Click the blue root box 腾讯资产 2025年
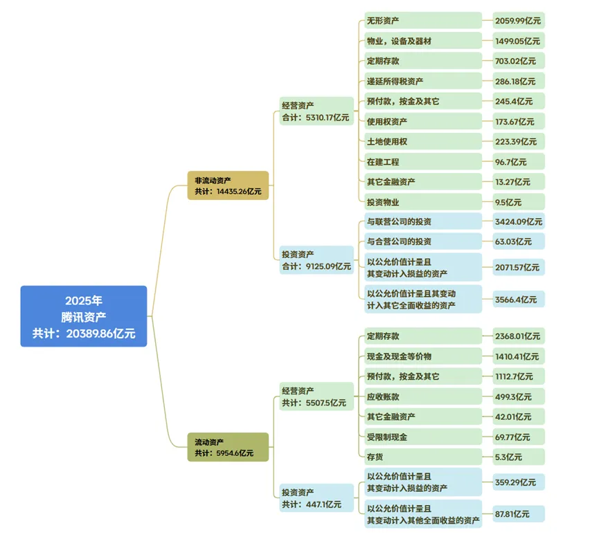(83, 316)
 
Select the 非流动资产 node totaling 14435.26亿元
(228, 185)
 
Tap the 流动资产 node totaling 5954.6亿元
(228, 447)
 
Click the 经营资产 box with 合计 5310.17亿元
(316, 111)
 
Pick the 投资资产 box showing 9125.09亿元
(316, 260)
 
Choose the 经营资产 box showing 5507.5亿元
(316, 396)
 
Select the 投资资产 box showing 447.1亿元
(316, 498)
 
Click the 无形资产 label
(422, 20)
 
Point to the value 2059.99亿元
(519, 20)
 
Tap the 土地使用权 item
(422, 141)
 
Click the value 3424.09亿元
(519, 221)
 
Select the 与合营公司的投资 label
(422, 241)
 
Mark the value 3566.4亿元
(519, 300)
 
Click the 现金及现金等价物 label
(422, 356)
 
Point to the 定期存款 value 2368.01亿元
(519, 336)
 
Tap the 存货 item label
(422, 457)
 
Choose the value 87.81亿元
(519, 513)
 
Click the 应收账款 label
(422, 396)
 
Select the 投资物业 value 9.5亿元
(519, 202)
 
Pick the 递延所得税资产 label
(422, 81)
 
